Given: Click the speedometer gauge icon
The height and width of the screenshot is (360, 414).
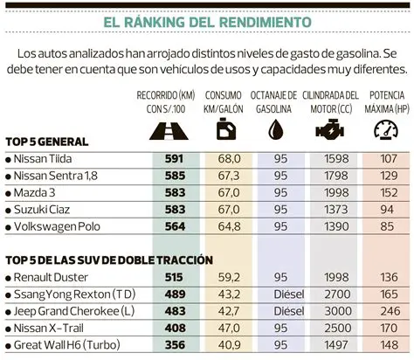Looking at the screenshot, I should (x=383, y=130).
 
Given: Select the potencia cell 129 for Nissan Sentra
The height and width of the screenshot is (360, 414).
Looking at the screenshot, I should (x=383, y=176).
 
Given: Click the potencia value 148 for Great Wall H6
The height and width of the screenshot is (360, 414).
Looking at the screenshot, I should (x=383, y=345).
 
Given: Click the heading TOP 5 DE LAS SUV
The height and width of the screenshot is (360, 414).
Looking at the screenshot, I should (x=96, y=260).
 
